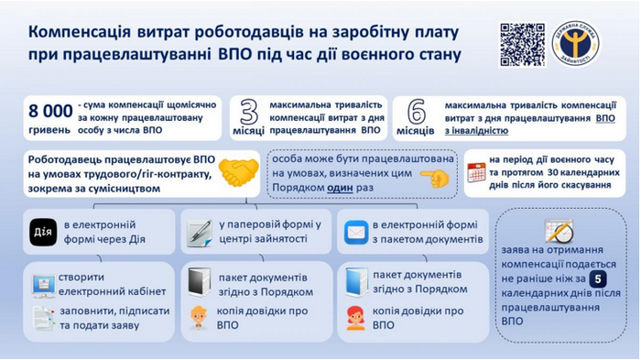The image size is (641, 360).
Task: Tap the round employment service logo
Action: point(577,43)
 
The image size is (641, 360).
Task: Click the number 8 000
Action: point(50,112)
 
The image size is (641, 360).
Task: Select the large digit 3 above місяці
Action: point(249,111)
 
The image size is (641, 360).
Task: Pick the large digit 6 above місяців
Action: point(417,111)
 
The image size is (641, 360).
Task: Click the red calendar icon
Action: point(476,171)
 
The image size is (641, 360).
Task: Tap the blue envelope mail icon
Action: point(355,233)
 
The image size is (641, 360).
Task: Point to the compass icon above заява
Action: point(559,230)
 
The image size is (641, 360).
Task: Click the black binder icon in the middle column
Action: point(198,280)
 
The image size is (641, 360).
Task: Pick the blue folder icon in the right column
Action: point(355,280)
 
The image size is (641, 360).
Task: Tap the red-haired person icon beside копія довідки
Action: point(355,317)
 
